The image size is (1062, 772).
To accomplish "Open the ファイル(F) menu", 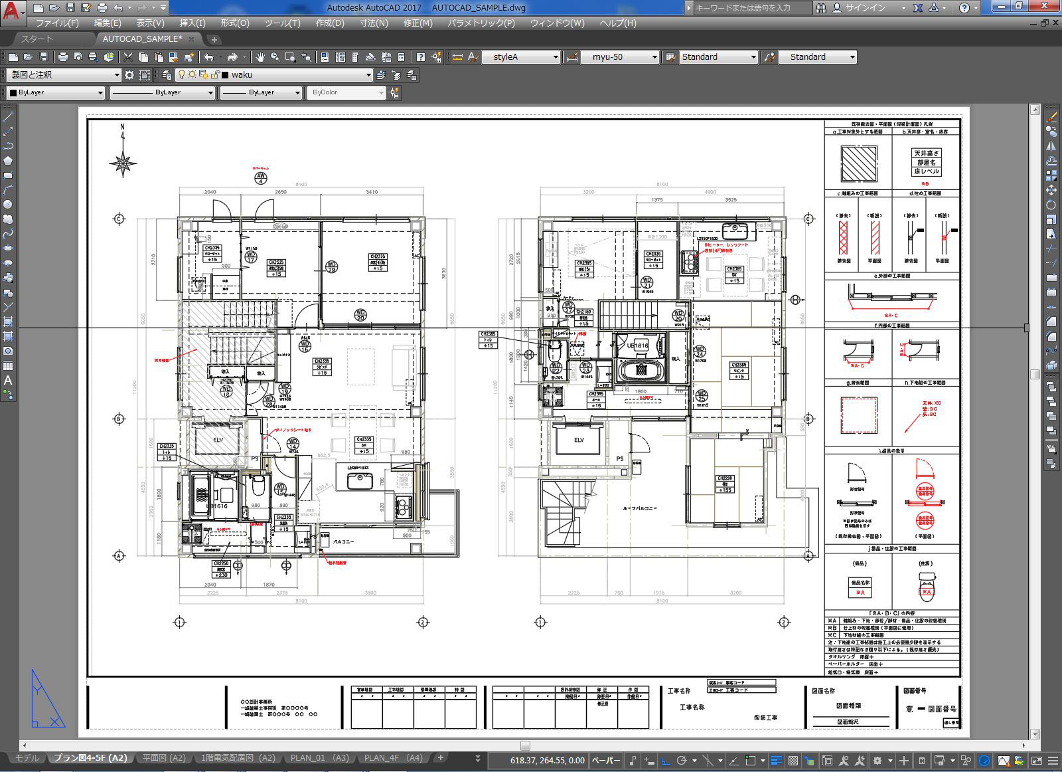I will [56, 23].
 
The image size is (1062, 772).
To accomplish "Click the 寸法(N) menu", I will [374, 23].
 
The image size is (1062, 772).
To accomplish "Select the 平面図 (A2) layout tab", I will [164, 758].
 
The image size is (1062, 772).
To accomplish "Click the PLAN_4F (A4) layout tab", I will [393, 758].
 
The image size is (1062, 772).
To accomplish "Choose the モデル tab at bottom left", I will [27, 758].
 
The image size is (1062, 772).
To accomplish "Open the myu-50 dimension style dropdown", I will [621, 57].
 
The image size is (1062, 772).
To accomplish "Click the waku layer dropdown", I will [299, 75].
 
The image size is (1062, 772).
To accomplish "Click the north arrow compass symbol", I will [123, 162].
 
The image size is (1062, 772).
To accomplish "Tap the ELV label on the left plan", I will [218, 440].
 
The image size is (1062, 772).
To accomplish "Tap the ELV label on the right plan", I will [579, 440].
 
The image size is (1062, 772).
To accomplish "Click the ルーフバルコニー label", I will [639, 508].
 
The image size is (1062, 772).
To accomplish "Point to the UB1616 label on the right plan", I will [637, 345].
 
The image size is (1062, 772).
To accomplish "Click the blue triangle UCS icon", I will [46, 701].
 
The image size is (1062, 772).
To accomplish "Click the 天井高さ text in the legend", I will [926, 153].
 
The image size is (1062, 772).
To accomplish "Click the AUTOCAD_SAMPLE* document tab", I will [142, 39].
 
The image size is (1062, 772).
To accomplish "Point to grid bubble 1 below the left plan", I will [179, 623].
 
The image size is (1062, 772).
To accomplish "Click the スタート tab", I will [37, 39].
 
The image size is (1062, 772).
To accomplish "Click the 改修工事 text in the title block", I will [765, 718].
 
